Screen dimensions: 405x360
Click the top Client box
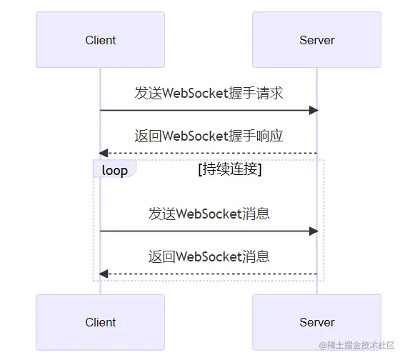point(100,40)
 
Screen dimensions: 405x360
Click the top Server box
point(316,40)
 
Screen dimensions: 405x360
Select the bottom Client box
point(100,322)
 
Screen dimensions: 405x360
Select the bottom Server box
point(316,322)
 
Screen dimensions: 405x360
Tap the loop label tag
point(115,169)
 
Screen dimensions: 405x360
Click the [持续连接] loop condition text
point(230,170)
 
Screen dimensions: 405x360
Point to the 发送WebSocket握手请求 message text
point(209,93)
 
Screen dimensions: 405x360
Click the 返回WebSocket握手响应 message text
point(209,136)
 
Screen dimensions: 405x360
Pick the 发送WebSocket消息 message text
point(209,214)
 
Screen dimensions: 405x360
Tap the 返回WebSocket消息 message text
point(209,256)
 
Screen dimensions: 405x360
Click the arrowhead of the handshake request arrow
point(314,110)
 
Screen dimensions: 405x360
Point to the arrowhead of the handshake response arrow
point(104,153)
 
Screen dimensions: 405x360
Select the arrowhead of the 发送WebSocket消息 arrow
point(314,231)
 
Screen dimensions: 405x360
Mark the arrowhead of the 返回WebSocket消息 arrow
point(104,274)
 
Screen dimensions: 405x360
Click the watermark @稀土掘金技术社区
point(356,345)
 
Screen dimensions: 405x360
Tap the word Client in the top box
point(101,40)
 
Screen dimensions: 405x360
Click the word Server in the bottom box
point(317,323)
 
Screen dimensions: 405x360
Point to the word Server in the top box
point(317,40)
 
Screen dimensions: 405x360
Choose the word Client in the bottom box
point(101,323)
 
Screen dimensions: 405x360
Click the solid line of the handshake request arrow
point(205,110)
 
